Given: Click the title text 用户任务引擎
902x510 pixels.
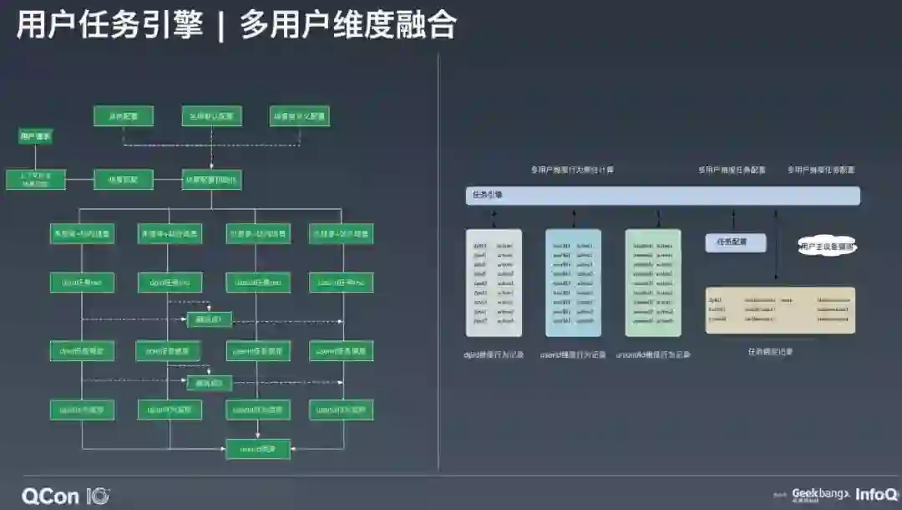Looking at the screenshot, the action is tap(109, 25).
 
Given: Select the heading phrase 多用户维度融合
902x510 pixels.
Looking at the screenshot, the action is tap(348, 25).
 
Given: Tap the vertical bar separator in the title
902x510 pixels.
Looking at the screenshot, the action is tap(221, 25).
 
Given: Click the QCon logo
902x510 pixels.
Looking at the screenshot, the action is tap(65, 495).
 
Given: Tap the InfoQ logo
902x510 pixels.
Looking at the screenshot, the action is tap(876, 494).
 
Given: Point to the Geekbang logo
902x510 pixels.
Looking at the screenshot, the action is tap(819, 494).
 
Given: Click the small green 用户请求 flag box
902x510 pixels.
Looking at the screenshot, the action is tap(35, 135).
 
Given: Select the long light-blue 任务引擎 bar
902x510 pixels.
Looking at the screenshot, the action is tap(662, 196).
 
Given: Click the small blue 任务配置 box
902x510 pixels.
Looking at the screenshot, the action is tap(736, 242).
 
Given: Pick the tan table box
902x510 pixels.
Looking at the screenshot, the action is tap(780, 310).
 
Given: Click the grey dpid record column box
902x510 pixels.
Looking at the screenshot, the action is tap(494, 283).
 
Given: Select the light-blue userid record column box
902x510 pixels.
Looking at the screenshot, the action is tap(573, 283).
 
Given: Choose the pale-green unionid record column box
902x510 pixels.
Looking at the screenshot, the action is tap(653, 283).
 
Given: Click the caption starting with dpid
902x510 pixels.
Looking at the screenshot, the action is tap(494, 354).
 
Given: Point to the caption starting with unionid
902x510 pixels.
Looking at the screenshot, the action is tap(654, 354).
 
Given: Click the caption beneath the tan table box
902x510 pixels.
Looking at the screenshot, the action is tap(770, 352).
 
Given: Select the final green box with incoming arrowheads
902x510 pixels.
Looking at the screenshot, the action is tap(258, 449).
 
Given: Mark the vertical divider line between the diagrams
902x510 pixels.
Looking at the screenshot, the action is tap(438, 259).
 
